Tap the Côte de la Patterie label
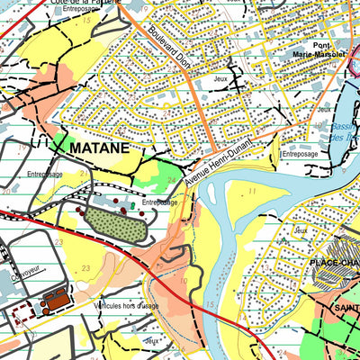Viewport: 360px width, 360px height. [x=87, y=2]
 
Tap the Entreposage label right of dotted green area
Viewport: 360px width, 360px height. [x=159, y=202]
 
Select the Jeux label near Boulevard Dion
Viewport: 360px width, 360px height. [x=221, y=79]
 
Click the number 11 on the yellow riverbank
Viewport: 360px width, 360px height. [x=253, y=191]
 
